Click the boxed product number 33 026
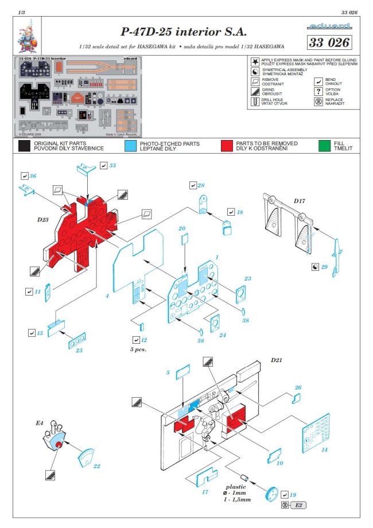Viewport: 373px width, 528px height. (329, 42)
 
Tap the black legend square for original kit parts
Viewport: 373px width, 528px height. (24, 145)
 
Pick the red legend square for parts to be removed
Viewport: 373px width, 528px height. (226, 145)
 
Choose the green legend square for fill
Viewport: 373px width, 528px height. (324, 145)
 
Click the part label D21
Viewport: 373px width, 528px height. (278, 360)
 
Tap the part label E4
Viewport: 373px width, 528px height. (40, 423)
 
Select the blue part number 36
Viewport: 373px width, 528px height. (33, 176)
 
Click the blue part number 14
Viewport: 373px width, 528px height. (324, 449)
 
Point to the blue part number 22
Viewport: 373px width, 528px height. (96, 466)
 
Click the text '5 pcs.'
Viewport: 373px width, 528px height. (133, 348)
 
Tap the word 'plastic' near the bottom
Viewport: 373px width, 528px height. (235, 486)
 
